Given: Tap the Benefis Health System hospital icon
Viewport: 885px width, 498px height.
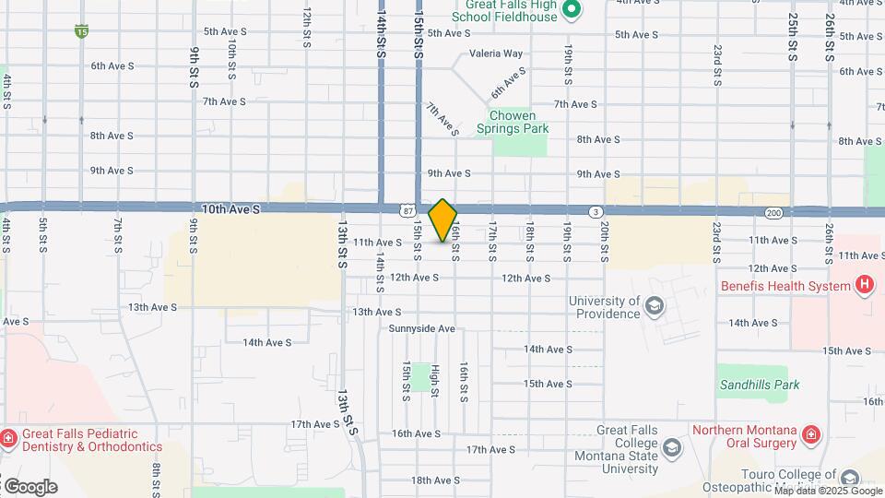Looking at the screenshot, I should pyautogui.click(x=864, y=286).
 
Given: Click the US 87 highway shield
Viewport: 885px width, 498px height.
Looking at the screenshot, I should pyautogui.click(x=407, y=211).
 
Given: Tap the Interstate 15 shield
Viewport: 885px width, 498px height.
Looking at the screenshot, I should pyautogui.click(x=82, y=31).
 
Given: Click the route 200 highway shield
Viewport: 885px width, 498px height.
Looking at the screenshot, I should pyautogui.click(x=773, y=213).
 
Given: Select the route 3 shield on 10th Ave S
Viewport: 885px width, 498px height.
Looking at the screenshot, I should pyautogui.click(x=596, y=212).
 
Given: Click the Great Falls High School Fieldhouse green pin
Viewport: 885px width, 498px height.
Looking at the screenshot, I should pyautogui.click(x=571, y=11).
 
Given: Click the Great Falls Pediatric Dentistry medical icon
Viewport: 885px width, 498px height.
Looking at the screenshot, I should pyautogui.click(x=8, y=437).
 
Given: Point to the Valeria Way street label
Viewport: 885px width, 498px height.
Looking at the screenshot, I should pyautogui.click(x=496, y=54).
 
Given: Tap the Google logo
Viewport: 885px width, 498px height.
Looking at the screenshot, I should pyautogui.click(x=29, y=486).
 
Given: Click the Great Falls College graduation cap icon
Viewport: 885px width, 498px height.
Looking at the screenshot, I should pyautogui.click(x=674, y=448).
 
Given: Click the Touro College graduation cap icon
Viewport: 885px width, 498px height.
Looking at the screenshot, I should pyautogui.click(x=849, y=478).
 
